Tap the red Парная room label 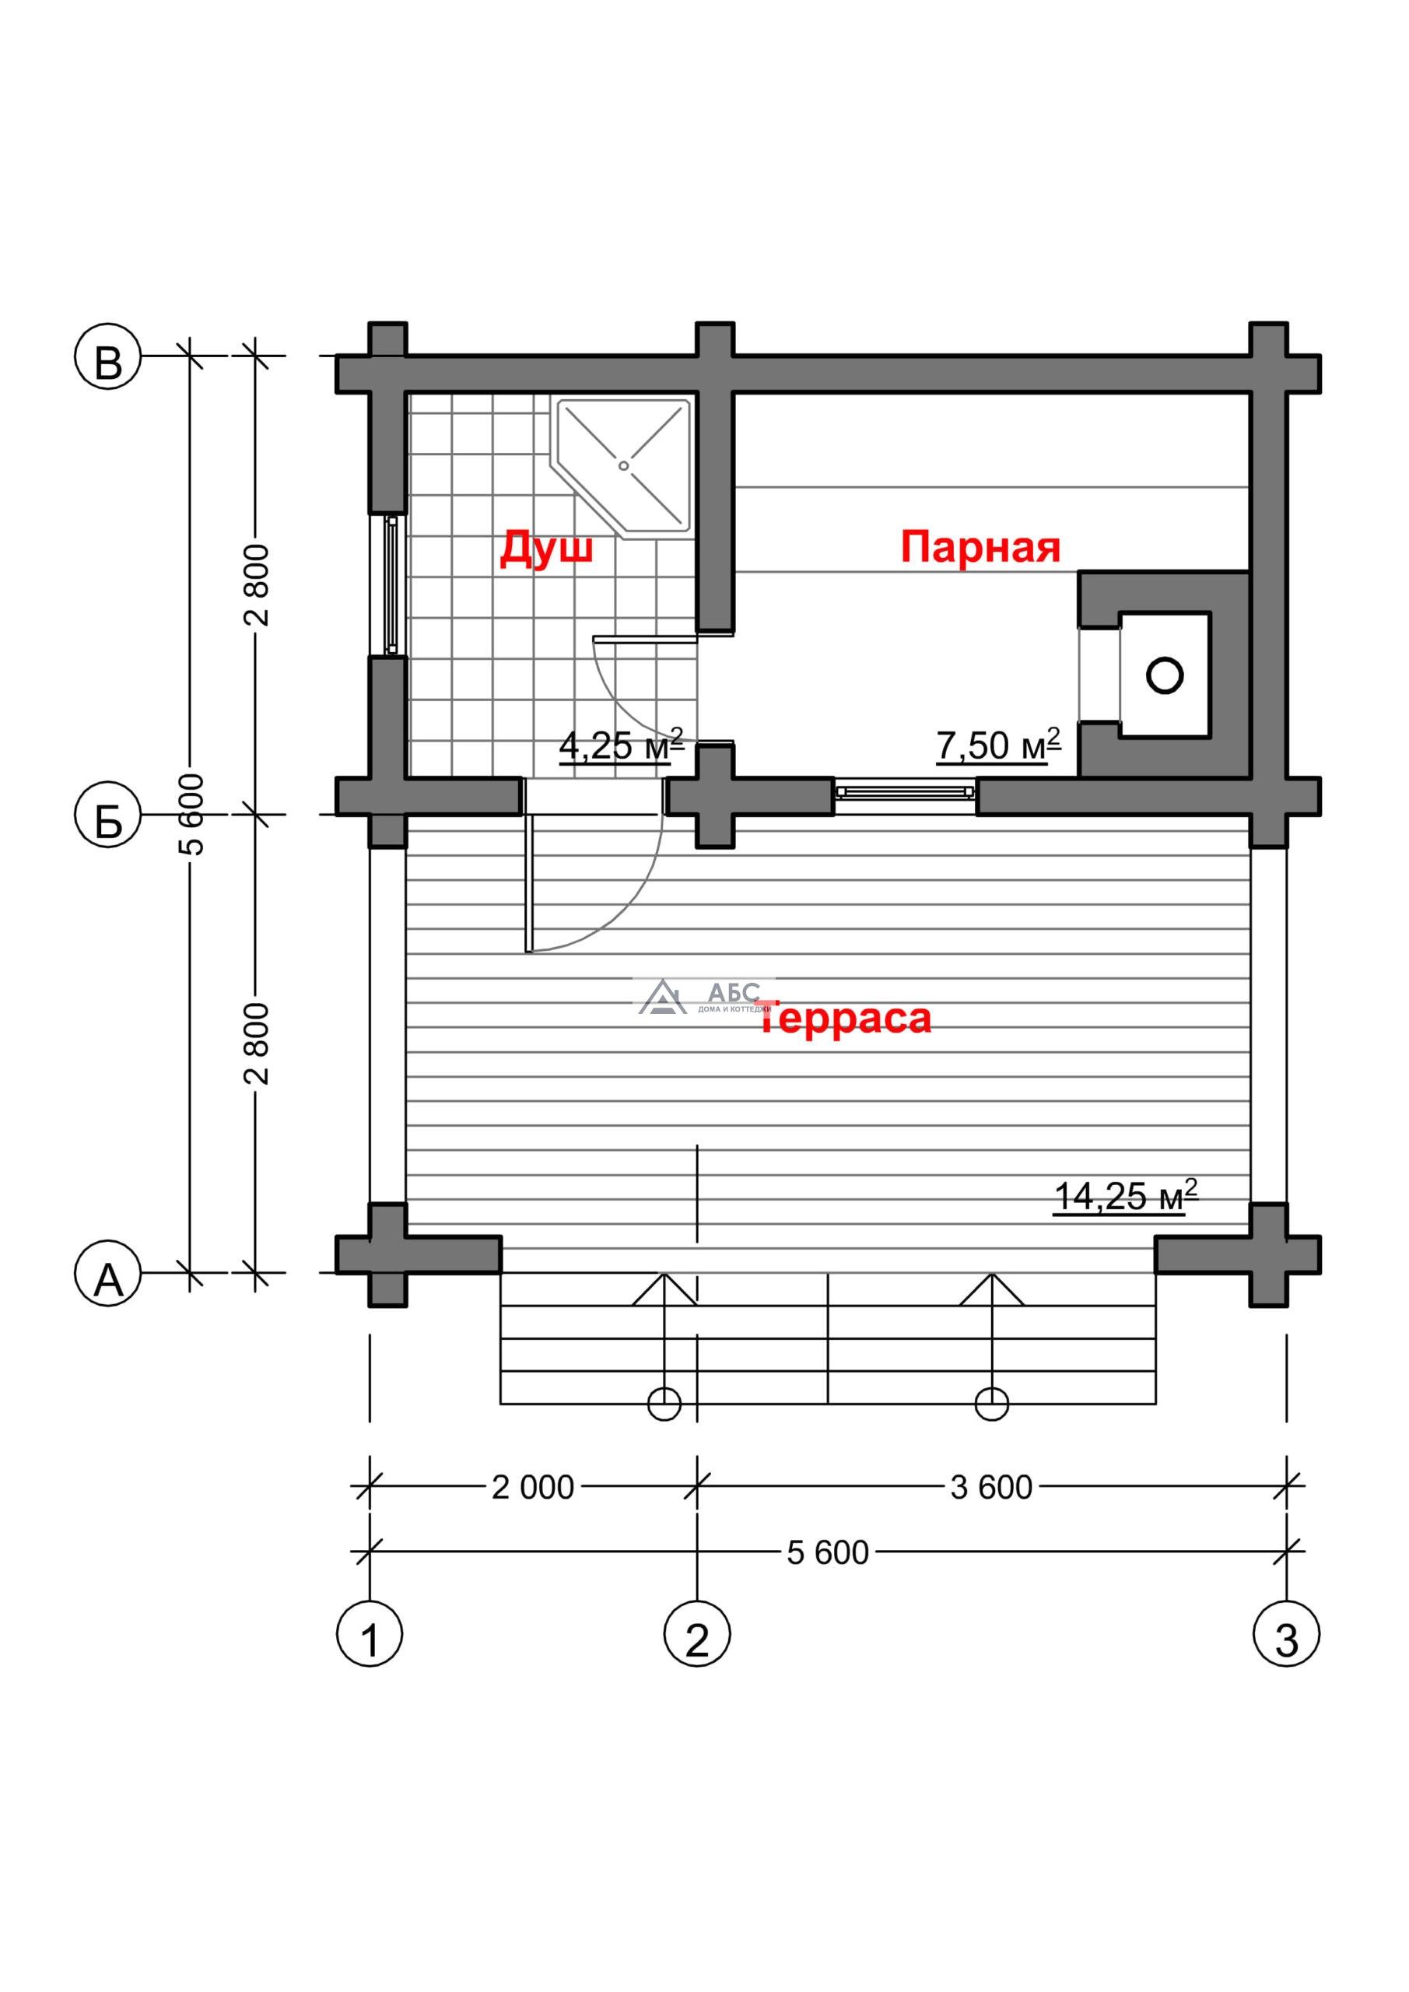point(980,548)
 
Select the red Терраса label point(846,1017)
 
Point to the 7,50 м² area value point(999,745)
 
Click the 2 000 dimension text point(533,1488)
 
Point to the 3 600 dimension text point(990,1488)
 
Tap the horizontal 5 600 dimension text point(828,1553)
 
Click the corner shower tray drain point(623,466)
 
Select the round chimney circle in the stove point(1165,674)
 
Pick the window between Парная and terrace point(905,792)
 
